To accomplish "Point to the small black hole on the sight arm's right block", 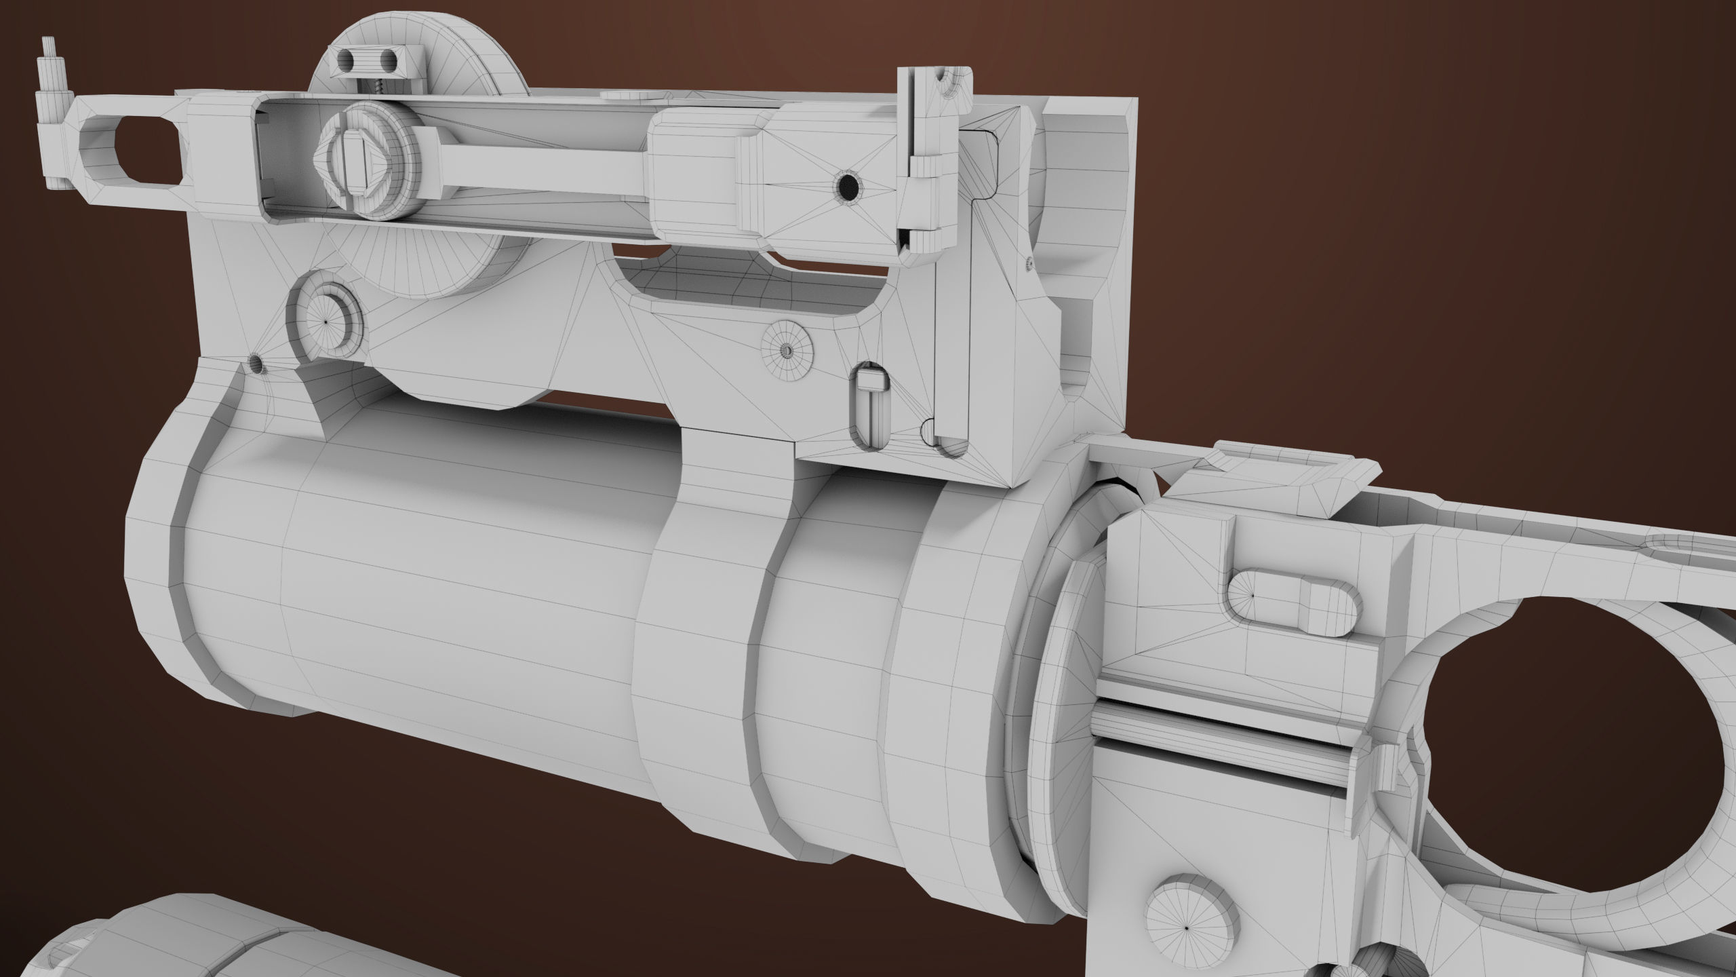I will tap(847, 185).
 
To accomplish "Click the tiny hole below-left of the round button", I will tap(256, 364).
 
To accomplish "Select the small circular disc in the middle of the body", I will tap(787, 350).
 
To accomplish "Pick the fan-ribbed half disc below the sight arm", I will tap(434, 265).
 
